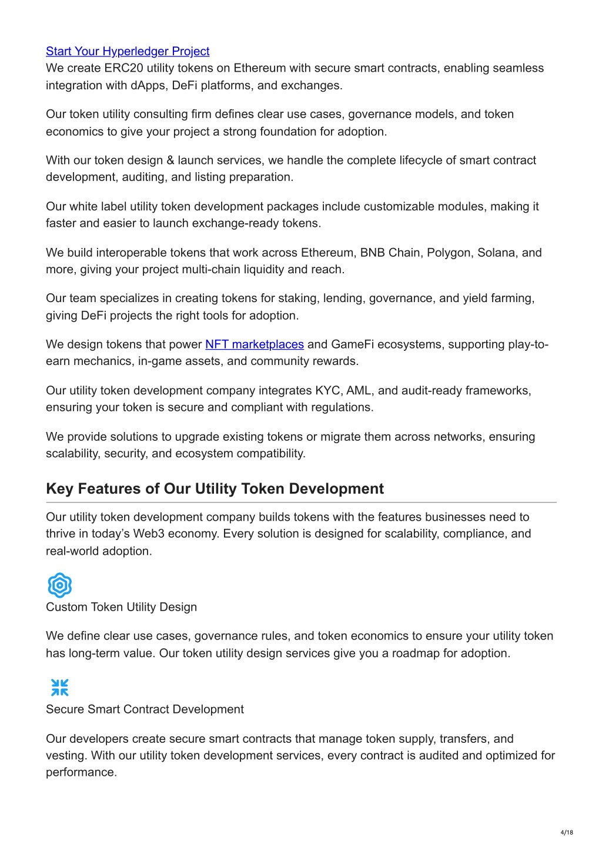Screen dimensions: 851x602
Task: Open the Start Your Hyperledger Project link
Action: click(128, 52)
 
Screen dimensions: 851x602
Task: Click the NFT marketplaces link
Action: click(254, 344)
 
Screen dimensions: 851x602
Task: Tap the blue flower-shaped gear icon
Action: click(59, 585)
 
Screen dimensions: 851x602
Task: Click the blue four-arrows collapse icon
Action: click(59, 687)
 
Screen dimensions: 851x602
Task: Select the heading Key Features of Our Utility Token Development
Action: click(215, 489)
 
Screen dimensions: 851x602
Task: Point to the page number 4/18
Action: click(566, 832)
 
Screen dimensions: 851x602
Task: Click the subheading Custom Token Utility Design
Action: click(121, 607)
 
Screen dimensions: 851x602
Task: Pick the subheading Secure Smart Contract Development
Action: click(145, 709)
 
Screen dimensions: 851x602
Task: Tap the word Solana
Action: click(497, 253)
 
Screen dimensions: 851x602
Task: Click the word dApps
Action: click(145, 86)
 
